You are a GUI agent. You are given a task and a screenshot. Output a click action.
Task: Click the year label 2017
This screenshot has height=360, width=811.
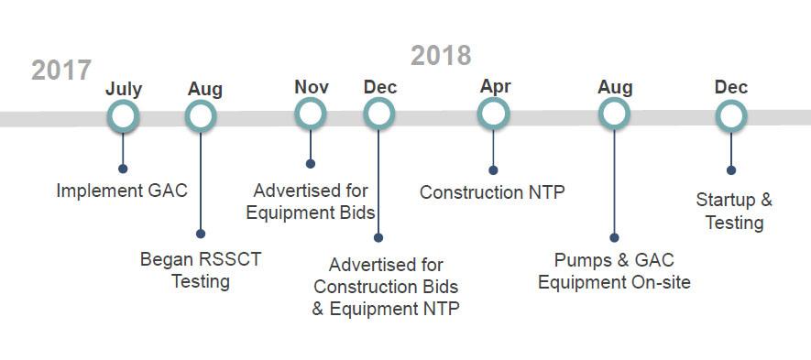click(61, 70)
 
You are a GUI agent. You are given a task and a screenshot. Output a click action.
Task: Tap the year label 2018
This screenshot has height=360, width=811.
click(441, 55)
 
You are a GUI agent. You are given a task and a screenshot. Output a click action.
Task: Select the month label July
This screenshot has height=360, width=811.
click(124, 90)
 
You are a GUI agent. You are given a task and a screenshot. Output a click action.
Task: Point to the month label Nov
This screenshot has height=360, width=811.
click(312, 87)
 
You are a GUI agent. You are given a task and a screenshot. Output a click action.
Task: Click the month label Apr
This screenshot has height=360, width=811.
click(495, 86)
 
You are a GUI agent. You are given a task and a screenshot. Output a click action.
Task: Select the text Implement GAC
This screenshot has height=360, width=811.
click(122, 191)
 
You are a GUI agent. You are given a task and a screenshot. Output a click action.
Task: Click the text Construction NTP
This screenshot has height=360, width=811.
click(492, 192)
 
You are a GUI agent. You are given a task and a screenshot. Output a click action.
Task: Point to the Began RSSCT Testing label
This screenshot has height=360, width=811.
click(201, 270)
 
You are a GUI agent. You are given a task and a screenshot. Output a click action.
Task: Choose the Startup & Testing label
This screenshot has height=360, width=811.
click(734, 211)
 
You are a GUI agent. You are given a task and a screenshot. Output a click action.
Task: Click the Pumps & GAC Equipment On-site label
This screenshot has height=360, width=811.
click(614, 271)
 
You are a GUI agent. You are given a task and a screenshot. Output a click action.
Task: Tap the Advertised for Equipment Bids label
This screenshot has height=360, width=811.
click(311, 202)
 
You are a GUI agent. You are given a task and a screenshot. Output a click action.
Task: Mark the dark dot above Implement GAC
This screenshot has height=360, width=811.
click(123, 169)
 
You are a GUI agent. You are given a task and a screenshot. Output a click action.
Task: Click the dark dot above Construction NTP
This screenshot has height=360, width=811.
click(493, 170)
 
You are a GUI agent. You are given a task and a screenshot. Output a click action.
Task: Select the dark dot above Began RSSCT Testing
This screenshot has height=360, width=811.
click(201, 234)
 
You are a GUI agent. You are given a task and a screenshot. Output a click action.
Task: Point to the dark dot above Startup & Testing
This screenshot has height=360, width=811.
click(731, 170)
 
